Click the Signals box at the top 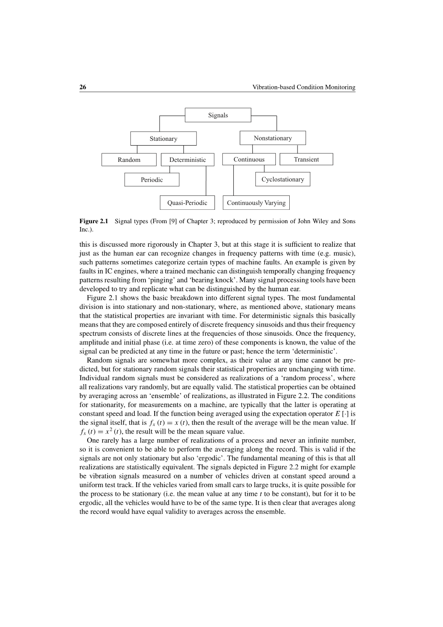(x=218, y=115)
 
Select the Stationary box (x=163, y=138)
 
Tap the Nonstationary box (x=273, y=138)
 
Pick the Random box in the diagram (x=129, y=160)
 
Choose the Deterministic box (x=187, y=160)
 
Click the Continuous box (x=249, y=159)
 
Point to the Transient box (x=306, y=159)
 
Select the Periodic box (x=152, y=180)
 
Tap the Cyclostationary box (x=283, y=179)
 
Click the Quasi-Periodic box (x=187, y=203)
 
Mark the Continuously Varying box (x=256, y=203)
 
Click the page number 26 (x=83, y=87)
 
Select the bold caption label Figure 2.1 (x=94, y=221)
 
